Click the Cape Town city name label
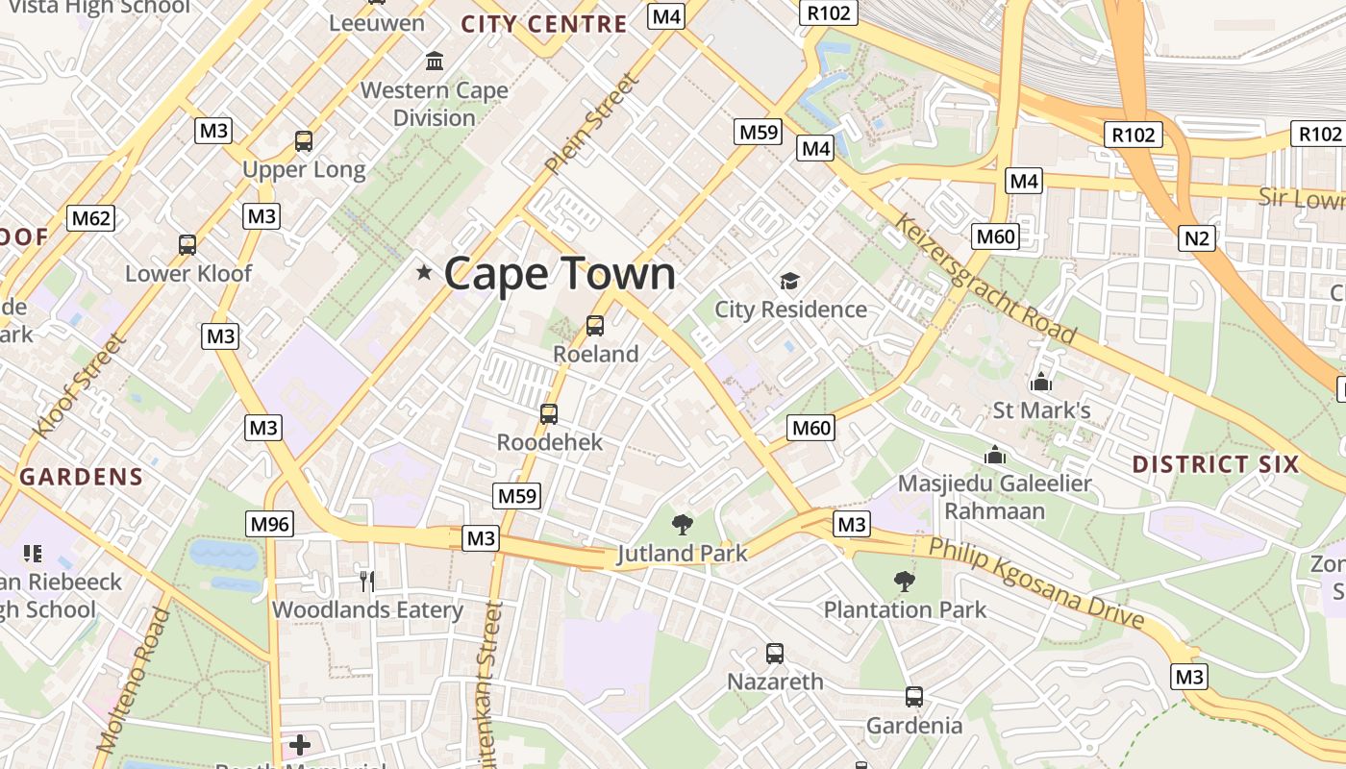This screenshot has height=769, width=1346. point(560,274)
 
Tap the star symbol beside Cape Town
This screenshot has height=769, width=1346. point(424,273)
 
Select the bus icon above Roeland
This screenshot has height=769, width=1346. point(595,326)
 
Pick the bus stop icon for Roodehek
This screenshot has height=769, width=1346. point(549,414)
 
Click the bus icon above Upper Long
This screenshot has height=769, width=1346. point(304,141)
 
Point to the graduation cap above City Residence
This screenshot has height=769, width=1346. point(789,281)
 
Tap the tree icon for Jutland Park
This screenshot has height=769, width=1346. point(683,524)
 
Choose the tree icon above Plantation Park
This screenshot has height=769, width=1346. point(904,581)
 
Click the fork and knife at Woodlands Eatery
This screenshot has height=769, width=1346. point(366,580)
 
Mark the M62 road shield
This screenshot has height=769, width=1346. point(91,218)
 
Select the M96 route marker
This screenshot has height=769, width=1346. point(270,524)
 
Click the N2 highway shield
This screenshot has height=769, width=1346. point(1197,237)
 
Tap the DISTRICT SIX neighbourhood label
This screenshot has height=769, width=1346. point(1215,464)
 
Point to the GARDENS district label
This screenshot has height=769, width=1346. point(82,476)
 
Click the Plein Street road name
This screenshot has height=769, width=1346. point(591,125)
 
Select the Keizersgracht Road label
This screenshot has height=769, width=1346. point(985,279)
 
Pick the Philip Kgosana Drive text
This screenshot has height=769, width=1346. point(1036,583)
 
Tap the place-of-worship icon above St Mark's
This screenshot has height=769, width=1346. point(1040,383)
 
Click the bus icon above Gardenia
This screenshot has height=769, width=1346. point(914,697)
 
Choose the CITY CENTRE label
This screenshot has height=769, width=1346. point(544,24)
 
